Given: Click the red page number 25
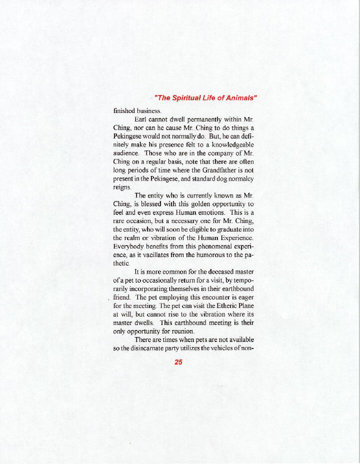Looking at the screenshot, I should [x=178, y=362].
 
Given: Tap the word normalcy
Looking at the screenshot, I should [x=241, y=178].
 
